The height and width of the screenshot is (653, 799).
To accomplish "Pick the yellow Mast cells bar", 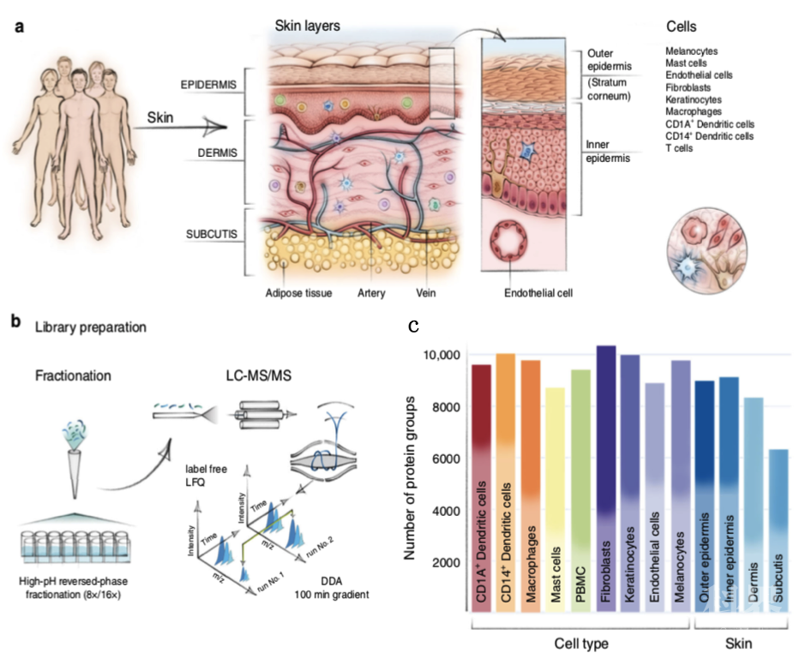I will [556, 506].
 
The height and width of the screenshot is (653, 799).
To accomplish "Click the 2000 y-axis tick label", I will [448, 563].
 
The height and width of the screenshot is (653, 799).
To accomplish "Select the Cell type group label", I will [574, 642].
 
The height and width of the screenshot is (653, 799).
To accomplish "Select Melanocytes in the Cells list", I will [692, 51].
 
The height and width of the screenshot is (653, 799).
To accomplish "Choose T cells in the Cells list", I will [680, 148].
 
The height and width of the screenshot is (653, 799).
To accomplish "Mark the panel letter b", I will [15, 322].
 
